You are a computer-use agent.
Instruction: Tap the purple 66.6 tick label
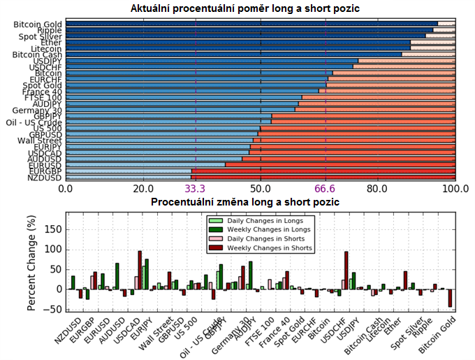click(326, 189)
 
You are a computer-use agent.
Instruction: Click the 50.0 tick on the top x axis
click(261, 189)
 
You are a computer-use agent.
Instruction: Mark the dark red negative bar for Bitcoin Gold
click(450, 298)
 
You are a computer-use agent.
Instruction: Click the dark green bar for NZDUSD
click(73, 282)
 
